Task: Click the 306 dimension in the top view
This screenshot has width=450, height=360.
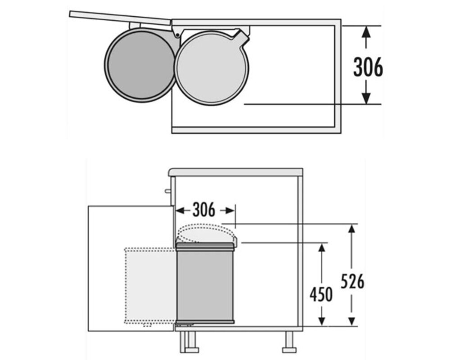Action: [368, 67]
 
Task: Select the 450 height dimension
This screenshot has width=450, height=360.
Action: [321, 294]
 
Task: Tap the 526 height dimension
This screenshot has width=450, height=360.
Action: [352, 281]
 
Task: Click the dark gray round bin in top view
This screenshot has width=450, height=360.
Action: [141, 65]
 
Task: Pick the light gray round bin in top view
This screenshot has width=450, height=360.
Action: [212, 68]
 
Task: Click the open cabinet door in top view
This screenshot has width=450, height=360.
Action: [120, 17]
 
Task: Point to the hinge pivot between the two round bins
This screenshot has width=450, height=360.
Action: [177, 35]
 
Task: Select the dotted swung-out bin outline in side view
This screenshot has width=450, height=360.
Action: [150, 286]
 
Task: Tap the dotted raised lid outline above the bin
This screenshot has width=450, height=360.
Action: [206, 233]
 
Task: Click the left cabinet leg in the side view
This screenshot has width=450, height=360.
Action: [189, 342]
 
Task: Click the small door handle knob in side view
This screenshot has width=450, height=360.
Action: [167, 191]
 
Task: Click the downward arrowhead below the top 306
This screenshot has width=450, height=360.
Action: [365, 98]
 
